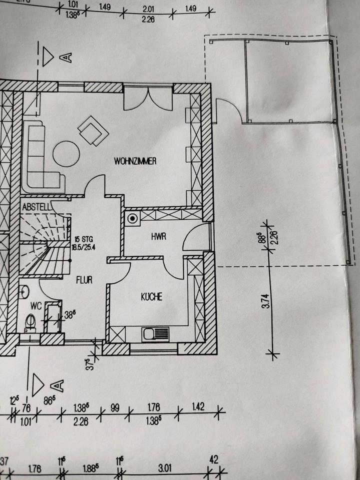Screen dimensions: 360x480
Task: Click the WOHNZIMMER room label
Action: pyautogui.click(x=135, y=161)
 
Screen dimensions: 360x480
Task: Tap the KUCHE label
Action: pyautogui.click(x=151, y=296)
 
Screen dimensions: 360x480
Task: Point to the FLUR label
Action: pyautogui.click(x=84, y=280)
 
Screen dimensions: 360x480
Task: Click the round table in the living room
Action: pyautogui.click(x=66, y=153)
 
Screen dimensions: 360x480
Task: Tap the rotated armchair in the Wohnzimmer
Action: pyautogui.click(x=93, y=130)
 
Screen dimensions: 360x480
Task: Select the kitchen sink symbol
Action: pyautogui.click(x=155, y=333)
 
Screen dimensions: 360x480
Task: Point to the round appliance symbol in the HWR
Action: pyautogui.click(x=132, y=218)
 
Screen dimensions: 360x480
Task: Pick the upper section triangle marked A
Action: pyautogui.click(x=48, y=57)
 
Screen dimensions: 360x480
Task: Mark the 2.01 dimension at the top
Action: pyautogui.click(x=147, y=8)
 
